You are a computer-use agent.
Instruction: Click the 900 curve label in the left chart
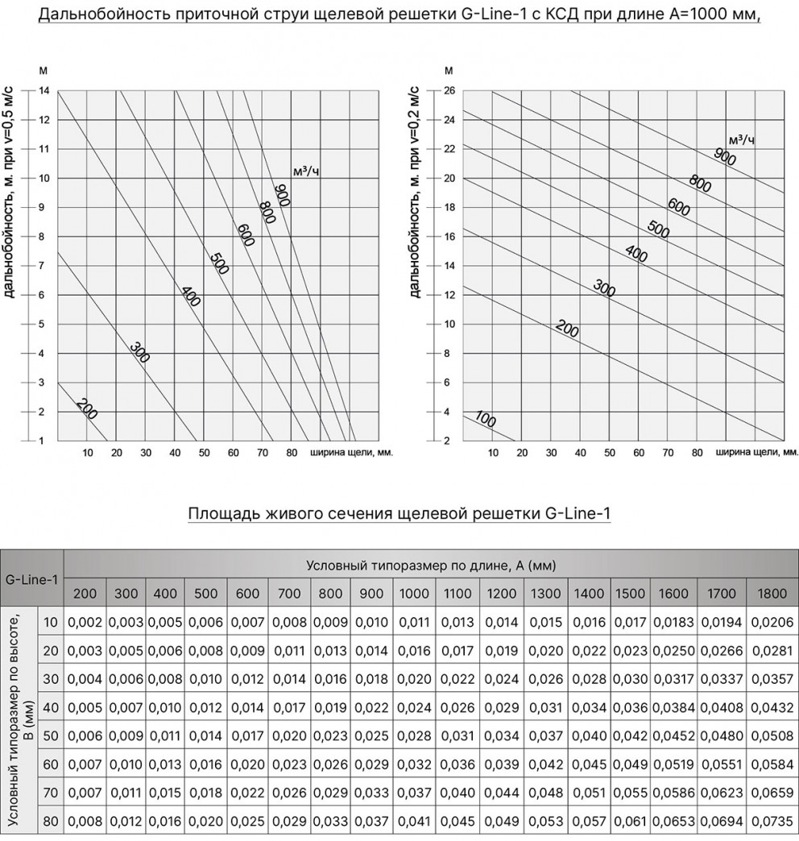tap(282, 196)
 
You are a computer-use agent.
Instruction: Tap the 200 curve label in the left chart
tap(86, 408)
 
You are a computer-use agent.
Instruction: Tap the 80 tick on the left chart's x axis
tap(291, 453)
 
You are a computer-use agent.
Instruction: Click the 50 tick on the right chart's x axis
tap(609, 453)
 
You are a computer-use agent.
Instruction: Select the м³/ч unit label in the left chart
tap(305, 171)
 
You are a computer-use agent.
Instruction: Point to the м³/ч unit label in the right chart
tap(741, 140)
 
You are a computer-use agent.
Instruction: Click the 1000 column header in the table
tap(414, 594)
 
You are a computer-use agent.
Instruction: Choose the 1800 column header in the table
tap(772, 594)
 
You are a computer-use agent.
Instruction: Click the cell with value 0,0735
tap(772, 821)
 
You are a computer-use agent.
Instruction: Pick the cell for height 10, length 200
tap(85, 622)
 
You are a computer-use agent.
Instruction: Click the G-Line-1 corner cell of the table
tap(32, 578)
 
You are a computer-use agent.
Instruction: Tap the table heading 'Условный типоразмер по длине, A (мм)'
tap(431, 565)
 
